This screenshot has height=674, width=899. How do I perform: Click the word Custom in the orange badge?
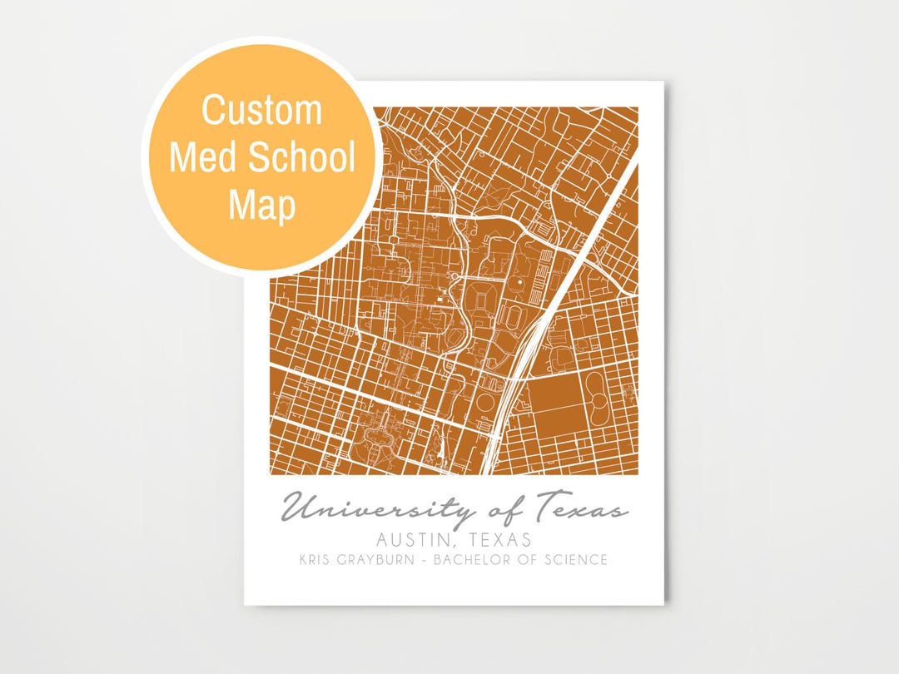(x=261, y=110)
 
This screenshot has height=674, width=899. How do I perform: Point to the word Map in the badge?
(x=261, y=205)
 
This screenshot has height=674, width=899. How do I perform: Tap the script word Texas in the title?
(x=581, y=507)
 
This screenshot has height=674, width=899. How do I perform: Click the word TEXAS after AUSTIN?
(x=501, y=539)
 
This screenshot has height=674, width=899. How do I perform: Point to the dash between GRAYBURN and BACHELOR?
(x=427, y=560)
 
